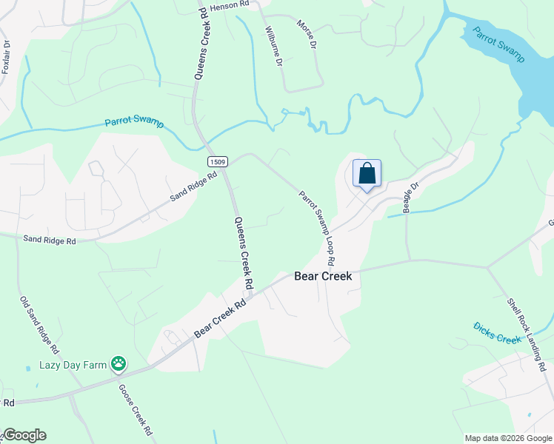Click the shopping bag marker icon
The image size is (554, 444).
[x=367, y=175]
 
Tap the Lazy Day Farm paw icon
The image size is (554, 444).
[x=119, y=363]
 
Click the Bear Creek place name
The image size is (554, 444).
[x=322, y=277]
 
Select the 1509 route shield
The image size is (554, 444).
[x=217, y=161]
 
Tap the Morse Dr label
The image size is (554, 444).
[x=306, y=35]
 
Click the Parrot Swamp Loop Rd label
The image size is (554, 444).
[x=317, y=229]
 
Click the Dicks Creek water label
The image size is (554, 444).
[x=498, y=332]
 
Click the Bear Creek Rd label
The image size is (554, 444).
[x=220, y=319]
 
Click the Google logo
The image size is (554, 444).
[x=24, y=435]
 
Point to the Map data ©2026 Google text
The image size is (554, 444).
[x=508, y=438]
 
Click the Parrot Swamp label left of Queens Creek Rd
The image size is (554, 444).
[x=134, y=123]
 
